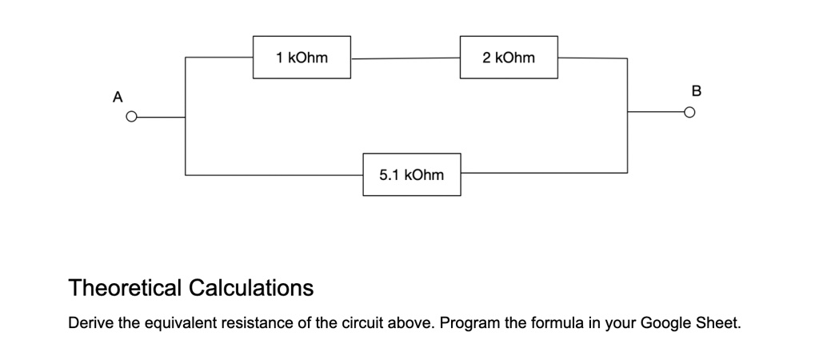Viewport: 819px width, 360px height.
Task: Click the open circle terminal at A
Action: coord(132,117)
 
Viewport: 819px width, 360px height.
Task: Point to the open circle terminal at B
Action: coord(690,112)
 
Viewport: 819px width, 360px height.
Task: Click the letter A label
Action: coord(118,97)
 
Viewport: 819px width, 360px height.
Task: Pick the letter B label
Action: coord(696,91)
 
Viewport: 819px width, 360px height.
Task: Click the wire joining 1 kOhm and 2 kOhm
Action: coord(406,58)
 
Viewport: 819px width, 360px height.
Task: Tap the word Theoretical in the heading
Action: coord(126,287)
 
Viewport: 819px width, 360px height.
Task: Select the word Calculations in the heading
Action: coord(251,287)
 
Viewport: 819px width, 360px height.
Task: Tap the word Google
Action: coord(665,324)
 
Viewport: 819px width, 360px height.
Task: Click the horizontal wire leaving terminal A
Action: coord(161,118)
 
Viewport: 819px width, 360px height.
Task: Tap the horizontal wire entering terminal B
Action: coord(656,112)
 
